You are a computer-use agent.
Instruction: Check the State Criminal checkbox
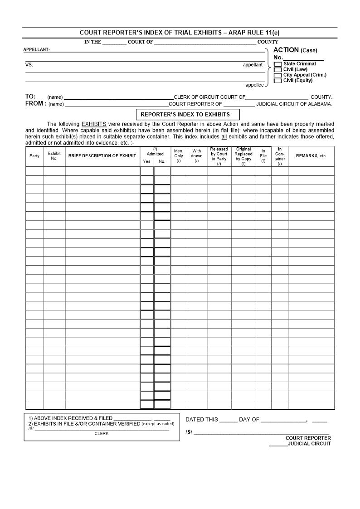pyautogui.click(x=278, y=64)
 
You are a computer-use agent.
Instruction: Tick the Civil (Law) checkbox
pyautogui.click(x=278, y=70)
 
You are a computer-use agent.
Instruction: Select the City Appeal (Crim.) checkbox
pyautogui.click(x=278, y=75)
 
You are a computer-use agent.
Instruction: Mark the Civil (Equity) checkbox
pyautogui.click(x=278, y=81)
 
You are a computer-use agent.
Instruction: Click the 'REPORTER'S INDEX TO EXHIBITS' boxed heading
pyautogui.click(x=188, y=115)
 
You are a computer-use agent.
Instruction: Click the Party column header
pyautogui.click(x=34, y=156)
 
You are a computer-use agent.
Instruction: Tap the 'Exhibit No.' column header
pyautogui.click(x=54, y=156)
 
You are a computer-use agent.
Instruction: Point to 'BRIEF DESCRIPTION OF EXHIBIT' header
pyautogui.click(x=102, y=156)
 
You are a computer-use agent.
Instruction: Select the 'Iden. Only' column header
pyautogui.click(x=179, y=156)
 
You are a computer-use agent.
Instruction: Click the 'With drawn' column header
pyautogui.click(x=197, y=156)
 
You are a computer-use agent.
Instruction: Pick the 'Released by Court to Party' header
pyautogui.click(x=219, y=156)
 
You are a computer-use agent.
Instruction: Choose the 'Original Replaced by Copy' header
pyautogui.click(x=243, y=156)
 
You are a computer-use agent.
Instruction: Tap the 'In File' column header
pyautogui.click(x=263, y=156)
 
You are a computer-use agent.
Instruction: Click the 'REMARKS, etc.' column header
pyautogui.click(x=311, y=156)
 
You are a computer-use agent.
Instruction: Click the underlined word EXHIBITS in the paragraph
pyautogui.click(x=94, y=124)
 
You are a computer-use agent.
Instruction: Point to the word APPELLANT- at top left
pyautogui.click(x=37, y=49)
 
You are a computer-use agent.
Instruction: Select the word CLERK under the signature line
pyautogui.click(x=102, y=433)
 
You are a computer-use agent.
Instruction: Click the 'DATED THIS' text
pyautogui.click(x=201, y=420)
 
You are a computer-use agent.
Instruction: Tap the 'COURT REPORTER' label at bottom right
pyautogui.click(x=308, y=438)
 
